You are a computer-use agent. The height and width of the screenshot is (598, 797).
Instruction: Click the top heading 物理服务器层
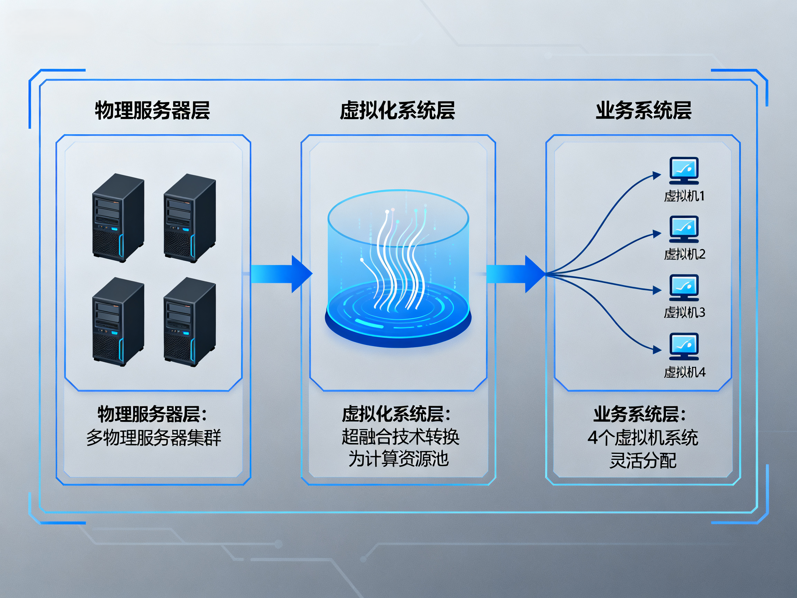pyautogui.click(x=152, y=110)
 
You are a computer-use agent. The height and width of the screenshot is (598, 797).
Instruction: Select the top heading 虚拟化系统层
pyautogui.click(x=397, y=110)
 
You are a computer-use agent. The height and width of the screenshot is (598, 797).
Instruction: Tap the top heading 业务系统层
pyautogui.click(x=643, y=110)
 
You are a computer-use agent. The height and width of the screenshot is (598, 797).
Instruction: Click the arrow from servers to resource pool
pyautogui.click(x=281, y=274)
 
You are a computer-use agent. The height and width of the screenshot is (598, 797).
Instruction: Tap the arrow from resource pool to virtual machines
pyautogui.click(x=515, y=274)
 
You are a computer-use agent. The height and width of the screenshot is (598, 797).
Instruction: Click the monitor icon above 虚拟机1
pyautogui.click(x=684, y=170)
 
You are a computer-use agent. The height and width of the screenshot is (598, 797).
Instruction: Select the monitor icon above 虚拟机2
pyautogui.click(x=684, y=229)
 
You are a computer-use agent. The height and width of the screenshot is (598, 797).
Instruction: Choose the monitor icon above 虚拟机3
pyautogui.click(x=684, y=287)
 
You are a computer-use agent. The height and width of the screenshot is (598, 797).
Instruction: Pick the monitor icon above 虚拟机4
pyautogui.click(x=684, y=346)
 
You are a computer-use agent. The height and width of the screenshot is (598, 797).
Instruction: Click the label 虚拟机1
pyautogui.click(x=684, y=196)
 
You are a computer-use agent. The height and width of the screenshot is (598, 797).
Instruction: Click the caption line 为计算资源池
pyautogui.click(x=398, y=459)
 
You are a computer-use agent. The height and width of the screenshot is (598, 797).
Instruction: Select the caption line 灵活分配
pyautogui.click(x=643, y=460)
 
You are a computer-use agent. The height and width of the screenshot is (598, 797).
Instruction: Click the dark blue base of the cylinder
pyautogui.click(x=398, y=337)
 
